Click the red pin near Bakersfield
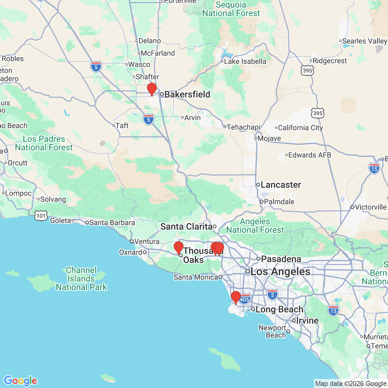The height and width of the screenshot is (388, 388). (x=152, y=89)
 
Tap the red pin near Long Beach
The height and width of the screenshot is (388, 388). (x=236, y=297)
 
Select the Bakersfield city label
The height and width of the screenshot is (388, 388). (x=187, y=94)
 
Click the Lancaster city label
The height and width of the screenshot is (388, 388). (x=281, y=185)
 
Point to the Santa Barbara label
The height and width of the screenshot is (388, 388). (x=112, y=222)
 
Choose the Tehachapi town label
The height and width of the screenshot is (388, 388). (x=243, y=127)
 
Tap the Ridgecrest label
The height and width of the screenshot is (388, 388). (x=329, y=61)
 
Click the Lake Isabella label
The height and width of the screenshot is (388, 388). (x=245, y=61)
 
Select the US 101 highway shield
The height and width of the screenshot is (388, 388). (x=41, y=216)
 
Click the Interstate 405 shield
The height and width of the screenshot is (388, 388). (x=244, y=299)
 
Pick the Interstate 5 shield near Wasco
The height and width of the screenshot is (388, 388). (x=96, y=67)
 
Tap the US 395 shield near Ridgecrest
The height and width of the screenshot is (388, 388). (x=307, y=70)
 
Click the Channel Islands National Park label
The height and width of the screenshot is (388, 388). (x=81, y=279)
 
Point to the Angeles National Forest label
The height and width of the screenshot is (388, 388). (x=255, y=226)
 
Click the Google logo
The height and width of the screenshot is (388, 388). (x=20, y=381)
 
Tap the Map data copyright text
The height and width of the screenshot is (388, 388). (x=351, y=384)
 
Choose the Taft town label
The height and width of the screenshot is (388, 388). (x=122, y=125)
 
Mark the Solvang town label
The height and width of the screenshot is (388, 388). (x=53, y=199)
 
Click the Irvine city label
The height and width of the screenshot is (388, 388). (x=307, y=320)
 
